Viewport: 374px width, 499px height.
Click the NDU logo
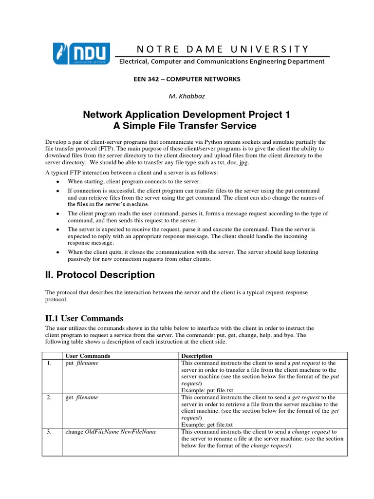82,54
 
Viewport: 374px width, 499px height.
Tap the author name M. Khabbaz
187,96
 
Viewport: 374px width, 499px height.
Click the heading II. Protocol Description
100,275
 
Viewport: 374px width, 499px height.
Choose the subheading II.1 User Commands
84,318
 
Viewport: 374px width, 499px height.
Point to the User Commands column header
88,356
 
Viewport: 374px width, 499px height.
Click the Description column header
197,356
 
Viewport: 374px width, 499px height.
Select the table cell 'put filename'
82,363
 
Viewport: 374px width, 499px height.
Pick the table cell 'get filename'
82,397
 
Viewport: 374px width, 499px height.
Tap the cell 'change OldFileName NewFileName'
111,432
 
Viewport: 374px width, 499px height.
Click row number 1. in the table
49,363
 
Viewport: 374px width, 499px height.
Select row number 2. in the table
49,397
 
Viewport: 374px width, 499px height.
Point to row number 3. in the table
49,432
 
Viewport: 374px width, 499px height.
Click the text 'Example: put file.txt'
209,390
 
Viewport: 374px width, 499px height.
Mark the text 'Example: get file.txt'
209,424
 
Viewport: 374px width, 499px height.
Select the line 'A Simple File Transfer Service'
187,126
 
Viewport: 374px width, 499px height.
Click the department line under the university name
222,61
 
